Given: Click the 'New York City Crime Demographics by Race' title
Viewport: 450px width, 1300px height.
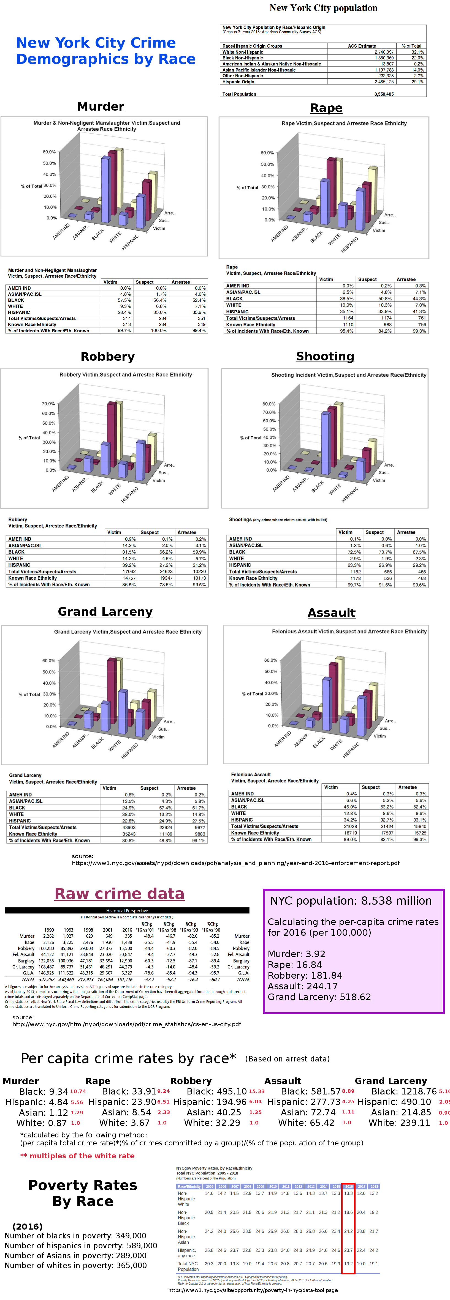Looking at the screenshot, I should point(105,51).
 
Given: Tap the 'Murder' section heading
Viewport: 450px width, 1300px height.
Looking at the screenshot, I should point(101,106).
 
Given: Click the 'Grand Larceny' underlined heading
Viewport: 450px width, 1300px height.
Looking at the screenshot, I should point(105,612).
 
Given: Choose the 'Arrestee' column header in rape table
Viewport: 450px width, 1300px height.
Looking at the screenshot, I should point(406,279).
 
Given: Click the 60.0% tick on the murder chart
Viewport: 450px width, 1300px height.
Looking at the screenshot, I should point(49,152).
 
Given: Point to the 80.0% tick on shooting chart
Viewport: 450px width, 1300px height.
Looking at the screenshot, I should point(269,404).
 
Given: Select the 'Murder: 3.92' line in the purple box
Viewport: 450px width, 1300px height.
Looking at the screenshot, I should point(296,954).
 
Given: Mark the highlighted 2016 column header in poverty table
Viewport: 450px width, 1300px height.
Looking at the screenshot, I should point(348,1186).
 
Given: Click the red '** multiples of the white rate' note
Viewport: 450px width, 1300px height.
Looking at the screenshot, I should point(77,1156).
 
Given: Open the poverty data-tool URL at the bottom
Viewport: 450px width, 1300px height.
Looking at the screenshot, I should point(253,1290).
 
